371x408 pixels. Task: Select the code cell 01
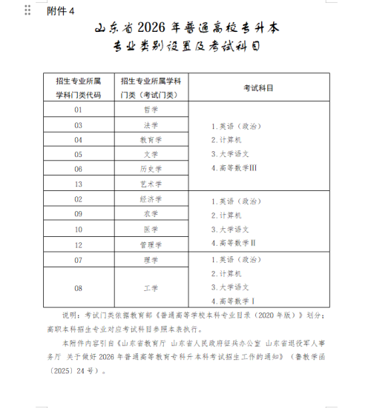click(x=78, y=110)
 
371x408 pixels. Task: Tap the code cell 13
click(x=78, y=184)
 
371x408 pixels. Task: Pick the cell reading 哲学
click(x=151, y=110)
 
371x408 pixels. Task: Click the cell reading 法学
click(x=151, y=125)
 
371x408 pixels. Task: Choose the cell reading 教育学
click(x=151, y=139)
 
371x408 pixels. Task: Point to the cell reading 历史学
click(x=151, y=169)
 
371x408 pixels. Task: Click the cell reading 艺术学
click(x=151, y=184)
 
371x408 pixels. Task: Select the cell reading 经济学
click(x=151, y=199)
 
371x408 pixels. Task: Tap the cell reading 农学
click(x=151, y=214)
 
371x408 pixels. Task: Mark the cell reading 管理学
click(x=151, y=244)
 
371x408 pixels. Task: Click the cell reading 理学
click(x=151, y=260)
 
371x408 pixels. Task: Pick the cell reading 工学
click(x=151, y=287)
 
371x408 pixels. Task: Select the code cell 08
click(x=78, y=287)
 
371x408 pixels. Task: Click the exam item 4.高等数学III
click(x=233, y=168)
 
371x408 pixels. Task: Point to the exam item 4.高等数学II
click(x=232, y=242)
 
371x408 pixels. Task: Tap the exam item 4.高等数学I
click(x=232, y=301)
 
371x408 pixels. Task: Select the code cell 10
click(x=78, y=229)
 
